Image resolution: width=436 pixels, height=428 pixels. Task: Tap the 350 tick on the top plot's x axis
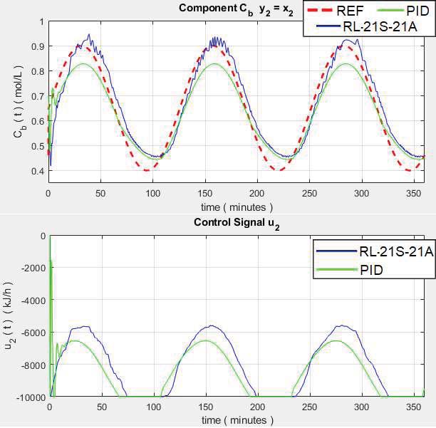point(414,193)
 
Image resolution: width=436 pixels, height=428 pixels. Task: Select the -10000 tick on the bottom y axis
point(29,397)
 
